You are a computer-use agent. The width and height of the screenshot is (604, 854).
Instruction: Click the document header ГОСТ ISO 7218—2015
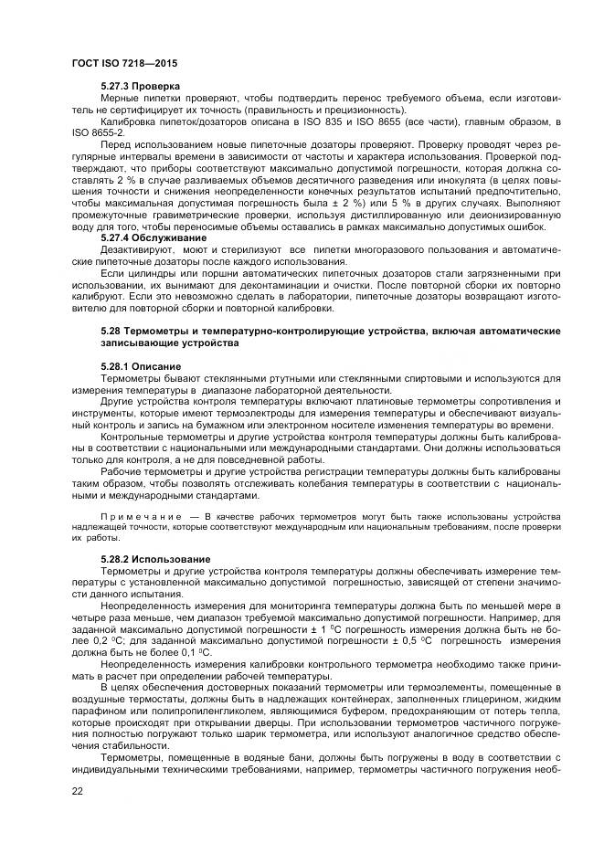(123, 62)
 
